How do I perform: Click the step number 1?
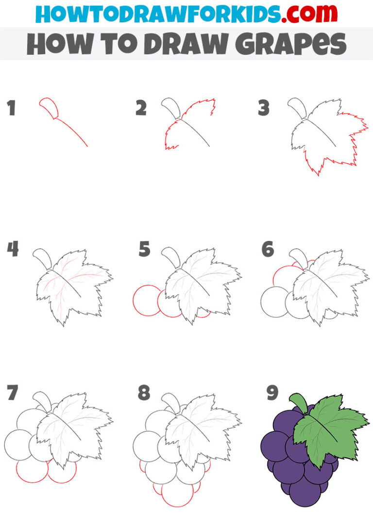point(12,108)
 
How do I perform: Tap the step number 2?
point(141,108)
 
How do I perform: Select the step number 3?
point(264,108)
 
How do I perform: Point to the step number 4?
point(13,249)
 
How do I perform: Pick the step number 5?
point(144,249)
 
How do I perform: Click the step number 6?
point(268,249)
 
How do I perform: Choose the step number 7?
point(13,392)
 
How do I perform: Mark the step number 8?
point(144,392)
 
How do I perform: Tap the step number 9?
point(272,392)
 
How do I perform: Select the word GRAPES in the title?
point(291,44)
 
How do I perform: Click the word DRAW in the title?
point(186,44)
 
